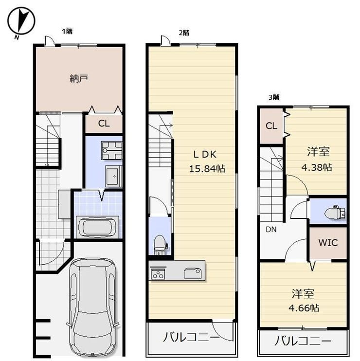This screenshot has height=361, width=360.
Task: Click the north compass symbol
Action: click(x=21, y=21)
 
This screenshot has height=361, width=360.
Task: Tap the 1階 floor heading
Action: click(x=68, y=31)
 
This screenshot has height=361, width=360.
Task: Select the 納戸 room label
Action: click(x=79, y=78)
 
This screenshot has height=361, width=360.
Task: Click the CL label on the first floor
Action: click(x=104, y=124)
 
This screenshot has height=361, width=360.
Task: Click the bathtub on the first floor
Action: click(x=97, y=227)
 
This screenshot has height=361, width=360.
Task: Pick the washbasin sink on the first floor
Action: click(x=113, y=176)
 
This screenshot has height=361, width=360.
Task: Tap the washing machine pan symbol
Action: click(x=111, y=150)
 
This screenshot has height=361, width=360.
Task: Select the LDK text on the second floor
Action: click(x=205, y=154)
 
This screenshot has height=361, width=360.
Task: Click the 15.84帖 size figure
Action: click(x=207, y=169)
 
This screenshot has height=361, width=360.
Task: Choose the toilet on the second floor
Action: click(x=160, y=245)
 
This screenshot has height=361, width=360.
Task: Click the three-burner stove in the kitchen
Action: click(x=158, y=273)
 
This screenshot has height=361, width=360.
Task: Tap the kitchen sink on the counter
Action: click(x=193, y=273)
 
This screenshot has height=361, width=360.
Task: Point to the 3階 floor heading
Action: click(x=274, y=97)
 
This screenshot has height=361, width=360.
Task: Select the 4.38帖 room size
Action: click(x=317, y=167)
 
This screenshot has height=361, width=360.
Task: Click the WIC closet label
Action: click(x=328, y=243)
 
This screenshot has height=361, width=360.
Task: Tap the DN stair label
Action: click(x=271, y=230)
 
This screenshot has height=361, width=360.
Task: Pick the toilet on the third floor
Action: click(x=335, y=212)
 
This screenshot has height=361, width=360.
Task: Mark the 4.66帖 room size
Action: click(x=304, y=308)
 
